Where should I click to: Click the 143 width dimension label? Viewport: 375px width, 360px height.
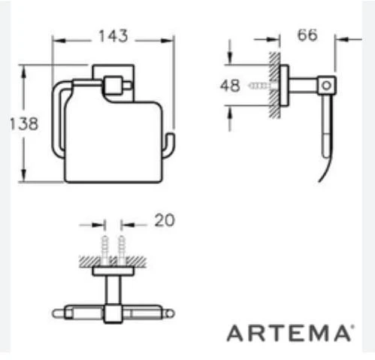(113, 36)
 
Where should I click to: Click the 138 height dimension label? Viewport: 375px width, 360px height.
(24, 124)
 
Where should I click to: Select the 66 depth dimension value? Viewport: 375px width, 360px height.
(307, 35)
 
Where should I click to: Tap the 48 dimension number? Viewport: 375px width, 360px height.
(230, 86)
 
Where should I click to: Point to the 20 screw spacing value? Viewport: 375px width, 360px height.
(164, 220)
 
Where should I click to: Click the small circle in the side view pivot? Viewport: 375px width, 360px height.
(326, 86)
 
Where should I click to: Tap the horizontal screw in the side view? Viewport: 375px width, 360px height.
(259, 86)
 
